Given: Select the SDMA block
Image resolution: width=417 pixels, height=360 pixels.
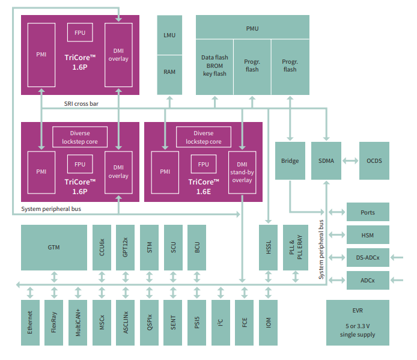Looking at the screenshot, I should pyautogui.click(x=326, y=160).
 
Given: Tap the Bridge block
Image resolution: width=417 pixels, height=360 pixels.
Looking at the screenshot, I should pyautogui.click(x=290, y=160).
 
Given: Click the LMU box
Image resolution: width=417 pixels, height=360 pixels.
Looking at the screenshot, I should pyautogui.click(x=169, y=35).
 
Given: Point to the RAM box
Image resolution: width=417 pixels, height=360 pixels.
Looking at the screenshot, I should pyautogui.click(x=169, y=72).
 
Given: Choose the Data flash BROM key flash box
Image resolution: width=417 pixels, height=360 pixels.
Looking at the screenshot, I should pyautogui.click(x=215, y=66).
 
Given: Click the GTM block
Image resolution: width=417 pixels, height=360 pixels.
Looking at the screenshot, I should pyautogui.click(x=53, y=247).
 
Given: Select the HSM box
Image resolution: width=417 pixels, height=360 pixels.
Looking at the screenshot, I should pyautogui.click(x=368, y=234).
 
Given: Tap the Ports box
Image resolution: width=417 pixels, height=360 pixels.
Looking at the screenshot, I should pyautogui.click(x=368, y=212).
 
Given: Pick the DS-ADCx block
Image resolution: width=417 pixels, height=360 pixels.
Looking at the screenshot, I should pyautogui.click(x=368, y=257).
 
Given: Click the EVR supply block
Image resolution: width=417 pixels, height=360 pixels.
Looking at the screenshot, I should pyautogui.click(x=358, y=322).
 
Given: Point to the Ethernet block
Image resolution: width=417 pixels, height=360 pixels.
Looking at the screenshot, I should pyautogui.click(x=30, y=322).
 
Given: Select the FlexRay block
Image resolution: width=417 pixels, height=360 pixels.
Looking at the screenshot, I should pyautogui.click(x=53, y=322).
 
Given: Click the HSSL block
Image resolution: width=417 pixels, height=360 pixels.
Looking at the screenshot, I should pyautogui.click(x=268, y=247).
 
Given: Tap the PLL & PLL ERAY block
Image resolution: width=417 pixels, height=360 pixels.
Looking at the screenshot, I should pyautogui.click(x=296, y=247).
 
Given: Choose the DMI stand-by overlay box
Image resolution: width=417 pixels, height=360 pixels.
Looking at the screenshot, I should pyautogui.click(x=242, y=172).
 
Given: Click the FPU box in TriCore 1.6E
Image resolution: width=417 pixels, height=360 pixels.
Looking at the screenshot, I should pyautogui.click(x=203, y=164).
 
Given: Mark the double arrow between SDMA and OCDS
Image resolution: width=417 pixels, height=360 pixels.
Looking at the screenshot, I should pyautogui.click(x=350, y=160).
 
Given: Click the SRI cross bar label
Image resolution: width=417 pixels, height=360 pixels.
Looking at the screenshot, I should pyautogui.click(x=81, y=103).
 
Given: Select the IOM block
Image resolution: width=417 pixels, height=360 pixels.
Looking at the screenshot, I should pyautogui.click(x=268, y=322).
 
